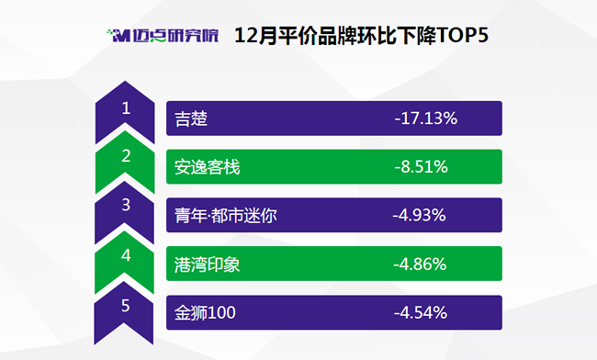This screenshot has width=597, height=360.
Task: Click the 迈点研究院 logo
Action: pos(163,36)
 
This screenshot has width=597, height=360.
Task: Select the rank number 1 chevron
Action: pos(125,112)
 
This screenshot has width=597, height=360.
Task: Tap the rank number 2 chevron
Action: pos(125,162)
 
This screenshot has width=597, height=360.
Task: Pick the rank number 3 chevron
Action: pos(125,212)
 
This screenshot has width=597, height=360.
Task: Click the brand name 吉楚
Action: pos(191,118)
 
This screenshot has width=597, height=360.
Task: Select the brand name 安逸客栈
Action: pos(208,167)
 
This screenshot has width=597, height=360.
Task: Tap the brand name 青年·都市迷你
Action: pos(226,216)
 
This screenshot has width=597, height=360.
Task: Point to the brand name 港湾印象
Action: pos(208,264)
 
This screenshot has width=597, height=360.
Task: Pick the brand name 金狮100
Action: pos(205,313)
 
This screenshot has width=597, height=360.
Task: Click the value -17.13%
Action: pos(426,118)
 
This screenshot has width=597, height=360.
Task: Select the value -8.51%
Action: pos(421,167)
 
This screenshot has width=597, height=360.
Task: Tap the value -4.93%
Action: pos(419,216)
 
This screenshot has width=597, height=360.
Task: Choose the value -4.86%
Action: pos(420,264)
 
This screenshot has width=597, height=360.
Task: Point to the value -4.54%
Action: pos(421,313)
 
